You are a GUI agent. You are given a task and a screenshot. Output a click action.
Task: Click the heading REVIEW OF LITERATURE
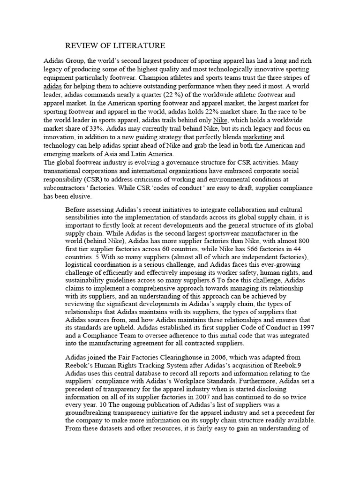click(x=114, y=45)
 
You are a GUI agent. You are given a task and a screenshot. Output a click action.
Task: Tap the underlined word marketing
click(x=257, y=137)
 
